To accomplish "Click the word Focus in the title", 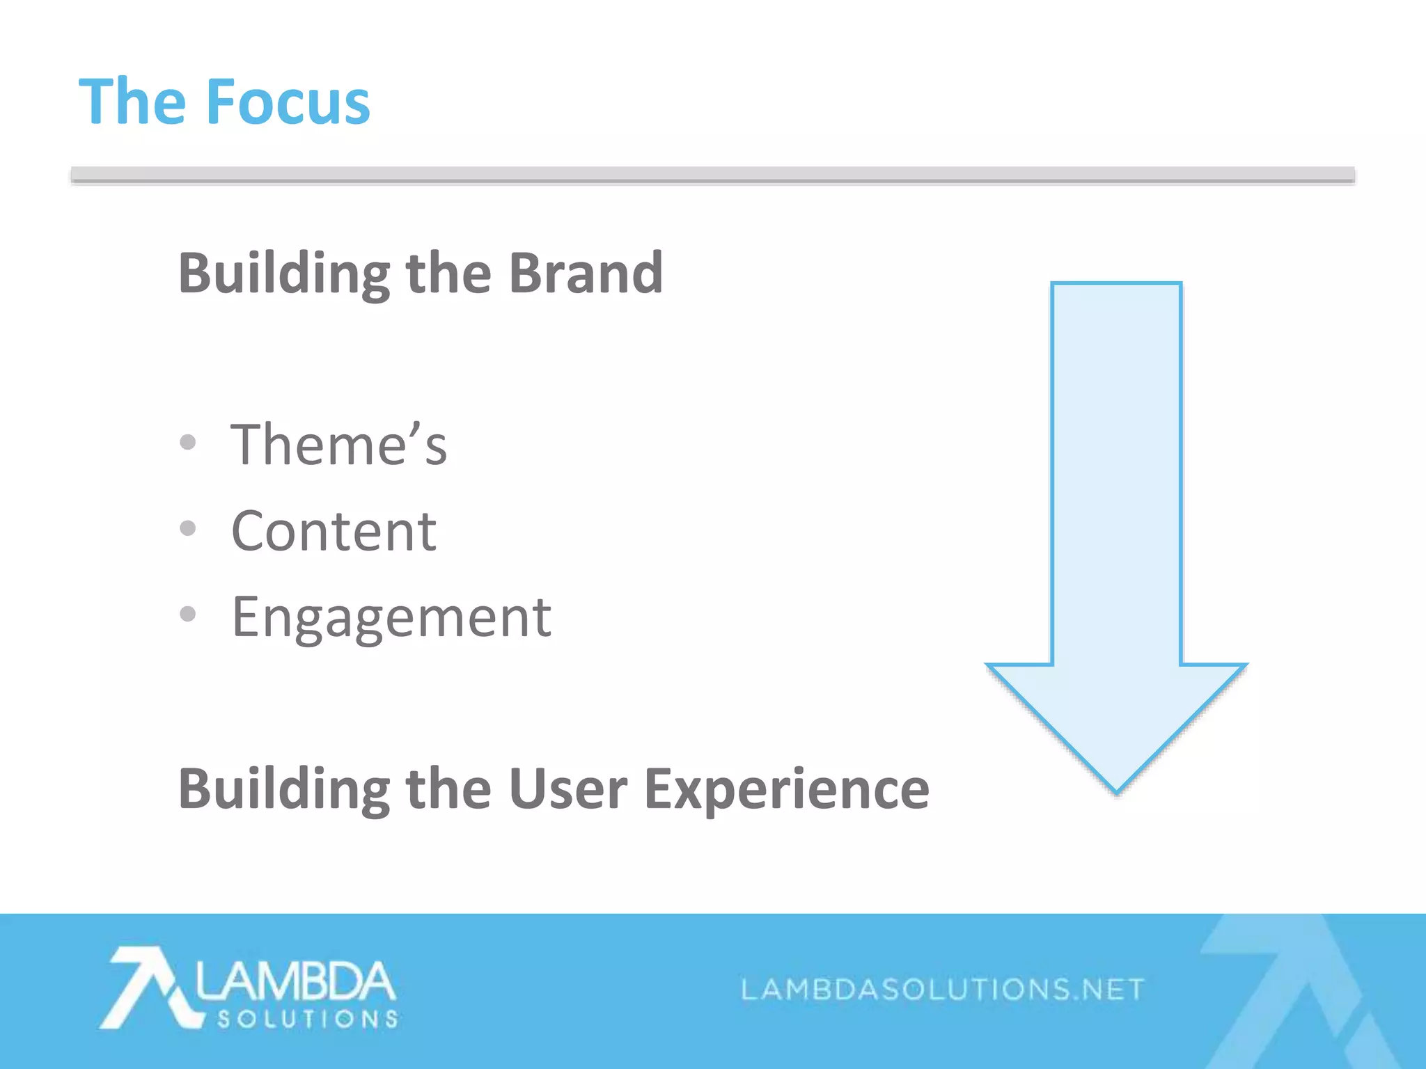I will pos(288,102).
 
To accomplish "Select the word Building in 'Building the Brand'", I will pos(283,274).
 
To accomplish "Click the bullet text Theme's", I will pos(339,445).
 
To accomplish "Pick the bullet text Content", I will pos(334,531).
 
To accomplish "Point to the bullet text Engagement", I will pos(391,618).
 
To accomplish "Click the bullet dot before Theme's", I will pos(187,442).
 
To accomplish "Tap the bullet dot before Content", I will pos(187,528).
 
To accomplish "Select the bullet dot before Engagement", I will pos(187,614).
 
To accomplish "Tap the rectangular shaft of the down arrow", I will pos(1116,473).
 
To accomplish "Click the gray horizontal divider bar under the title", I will pos(712,175).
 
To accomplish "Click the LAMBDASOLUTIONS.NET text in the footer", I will pos(942,989).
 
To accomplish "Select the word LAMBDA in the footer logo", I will pos(295,982).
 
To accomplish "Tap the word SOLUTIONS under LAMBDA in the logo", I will pos(308,1020).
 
